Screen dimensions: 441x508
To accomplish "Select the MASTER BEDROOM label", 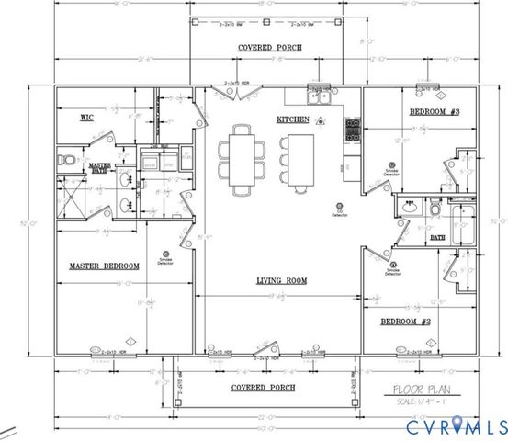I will (x=104, y=266).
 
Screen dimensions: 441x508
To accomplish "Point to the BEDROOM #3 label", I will (x=434, y=112).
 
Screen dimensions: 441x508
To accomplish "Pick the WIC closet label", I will (x=84, y=118).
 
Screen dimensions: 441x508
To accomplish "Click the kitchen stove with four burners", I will (x=351, y=131).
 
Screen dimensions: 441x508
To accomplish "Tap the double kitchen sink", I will (x=319, y=95).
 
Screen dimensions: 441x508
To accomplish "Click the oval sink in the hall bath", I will (x=408, y=208).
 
